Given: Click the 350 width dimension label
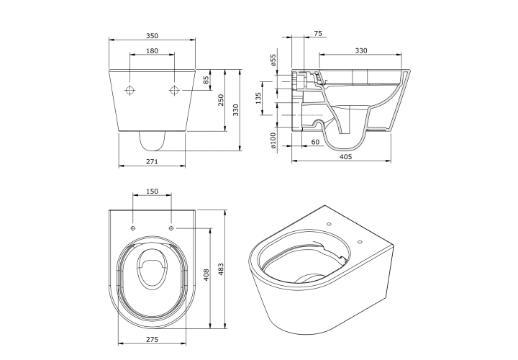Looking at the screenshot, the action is click(x=152, y=35).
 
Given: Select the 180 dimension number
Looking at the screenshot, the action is click(x=152, y=50).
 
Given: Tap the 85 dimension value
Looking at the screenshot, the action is click(x=206, y=80).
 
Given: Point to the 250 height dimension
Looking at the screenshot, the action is click(x=221, y=100).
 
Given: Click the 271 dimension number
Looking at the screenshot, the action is click(x=152, y=162).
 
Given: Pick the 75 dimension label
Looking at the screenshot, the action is click(x=318, y=33).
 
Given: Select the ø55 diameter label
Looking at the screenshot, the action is click(x=273, y=60).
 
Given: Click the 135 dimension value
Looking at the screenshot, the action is click(x=258, y=98).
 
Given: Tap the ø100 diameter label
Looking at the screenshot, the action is click(x=273, y=140).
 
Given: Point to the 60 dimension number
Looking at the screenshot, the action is click(x=316, y=142).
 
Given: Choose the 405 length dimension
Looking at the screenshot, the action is click(x=346, y=156).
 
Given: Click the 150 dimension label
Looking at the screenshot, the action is click(x=152, y=191).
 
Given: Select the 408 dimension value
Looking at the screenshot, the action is click(x=206, y=275).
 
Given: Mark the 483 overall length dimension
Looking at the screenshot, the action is click(x=221, y=269).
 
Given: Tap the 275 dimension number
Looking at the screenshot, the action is click(x=152, y=339).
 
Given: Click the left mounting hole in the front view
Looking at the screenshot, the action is click(x=129, y=89).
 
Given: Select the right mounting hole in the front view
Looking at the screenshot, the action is click(x=174, y=89).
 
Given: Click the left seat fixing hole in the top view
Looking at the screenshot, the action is click(x=133, y=228).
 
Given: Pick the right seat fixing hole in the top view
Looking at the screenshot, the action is click(x=171, y=228).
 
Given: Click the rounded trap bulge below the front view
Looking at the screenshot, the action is click(x=152, y=150).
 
